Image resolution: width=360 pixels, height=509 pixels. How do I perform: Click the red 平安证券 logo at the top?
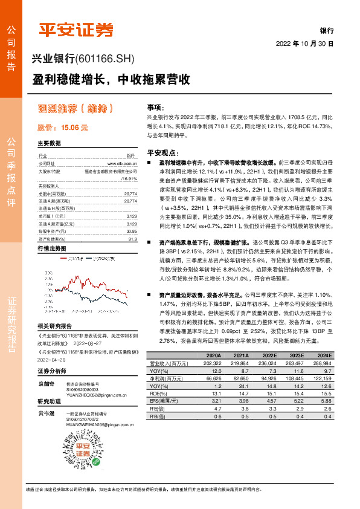pyautogui.click(x=76, y=30)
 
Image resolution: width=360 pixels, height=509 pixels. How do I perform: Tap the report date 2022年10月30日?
pyautogui.click(x=305, y=44)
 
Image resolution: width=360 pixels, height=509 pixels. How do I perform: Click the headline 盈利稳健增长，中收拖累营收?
pyautogui.click(x=112, y=79)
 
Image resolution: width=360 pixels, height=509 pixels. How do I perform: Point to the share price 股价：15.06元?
pyautogui.click(x=63, y=128)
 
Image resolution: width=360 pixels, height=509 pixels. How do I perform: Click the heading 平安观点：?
pyautogui.click(x=162, y=153)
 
